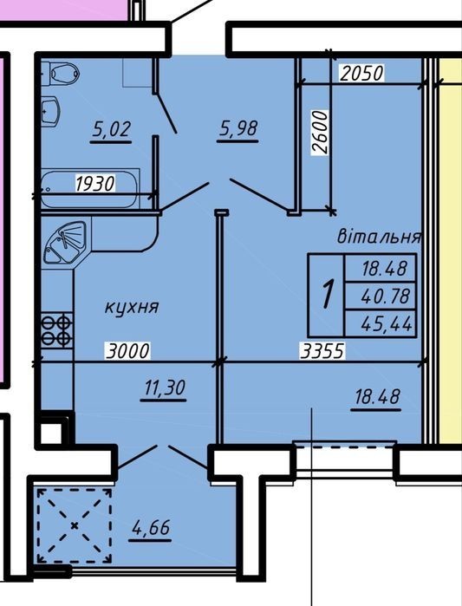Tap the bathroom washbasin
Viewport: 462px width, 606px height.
click(x=50, y=112)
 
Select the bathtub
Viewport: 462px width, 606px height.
click(x=90, y=189)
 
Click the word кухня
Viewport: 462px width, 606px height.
click(x=132, y=308)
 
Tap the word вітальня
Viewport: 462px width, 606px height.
click(x=379, y=236)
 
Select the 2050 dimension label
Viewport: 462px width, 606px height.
click(x=361, y=73)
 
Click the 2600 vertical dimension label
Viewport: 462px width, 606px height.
click(x=321, y=133)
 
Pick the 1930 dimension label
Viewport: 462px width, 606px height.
click(x=95, y=183)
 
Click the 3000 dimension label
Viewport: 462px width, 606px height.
click(x=127, y=351)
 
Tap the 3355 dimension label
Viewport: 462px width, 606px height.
click(x=322, y=351)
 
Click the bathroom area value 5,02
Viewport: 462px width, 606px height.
click(x=112, y=129)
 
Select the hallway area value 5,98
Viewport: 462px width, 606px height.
click(x=238, y=128)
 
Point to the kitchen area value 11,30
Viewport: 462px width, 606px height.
click(x=165, y=388)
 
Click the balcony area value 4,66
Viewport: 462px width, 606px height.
click(x=151, y=528)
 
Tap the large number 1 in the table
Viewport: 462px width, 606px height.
click(x=327, y=295)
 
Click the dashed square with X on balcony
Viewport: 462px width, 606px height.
click(x=75, y=525)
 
